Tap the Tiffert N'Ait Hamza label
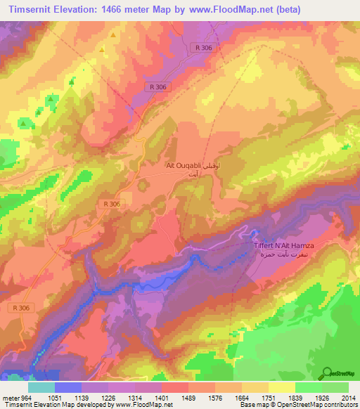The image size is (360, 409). click(283, 245)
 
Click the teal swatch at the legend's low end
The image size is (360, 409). click(41, 387)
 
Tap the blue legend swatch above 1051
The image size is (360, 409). click(68, 387)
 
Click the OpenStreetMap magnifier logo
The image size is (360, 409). click(328, 372)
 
